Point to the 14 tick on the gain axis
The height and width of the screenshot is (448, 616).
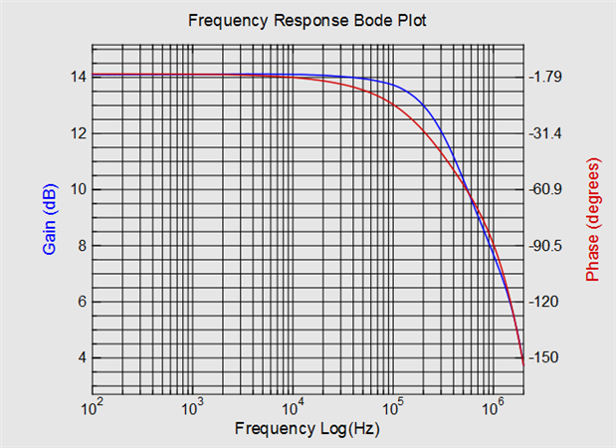(77, 77)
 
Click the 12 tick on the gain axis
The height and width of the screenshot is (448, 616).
(77, 133)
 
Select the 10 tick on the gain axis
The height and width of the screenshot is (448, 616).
(77, 189)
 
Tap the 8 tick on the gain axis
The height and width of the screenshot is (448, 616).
(81, 245)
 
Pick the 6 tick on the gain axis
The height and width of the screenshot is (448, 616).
(81, 302)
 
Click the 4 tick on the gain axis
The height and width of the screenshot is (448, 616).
(81, 357)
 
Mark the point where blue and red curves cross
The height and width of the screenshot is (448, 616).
(471, 195)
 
